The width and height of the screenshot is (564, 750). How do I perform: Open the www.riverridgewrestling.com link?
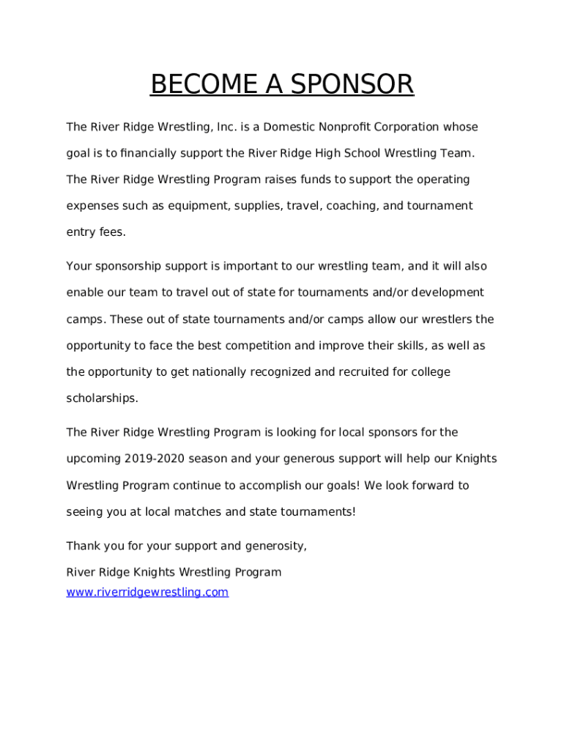coord(147,592)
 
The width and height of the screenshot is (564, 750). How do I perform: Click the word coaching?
coord(349,206)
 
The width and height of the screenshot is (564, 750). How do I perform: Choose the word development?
coord(447,292)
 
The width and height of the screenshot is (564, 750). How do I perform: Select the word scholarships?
coord(102,398)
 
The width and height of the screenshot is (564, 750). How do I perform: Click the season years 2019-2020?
coord(155,458)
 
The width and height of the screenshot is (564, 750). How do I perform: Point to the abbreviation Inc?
coord(223,127)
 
